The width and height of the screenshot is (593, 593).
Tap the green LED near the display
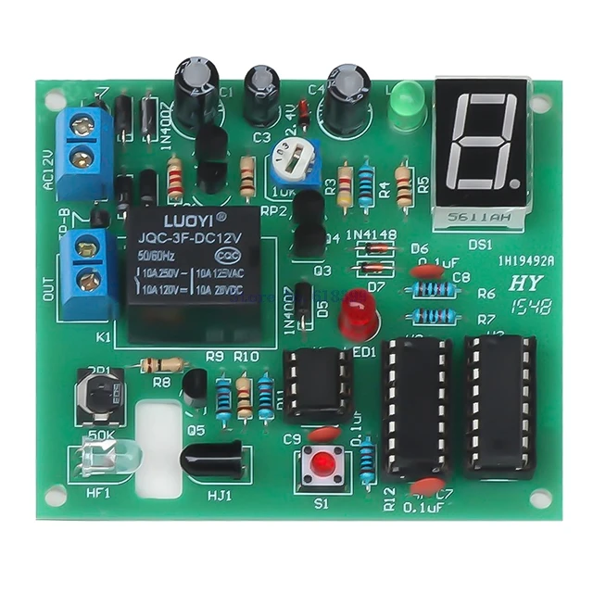(405, 105)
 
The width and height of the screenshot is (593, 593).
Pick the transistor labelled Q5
(196, 387)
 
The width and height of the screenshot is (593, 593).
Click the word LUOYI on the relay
(180, 220)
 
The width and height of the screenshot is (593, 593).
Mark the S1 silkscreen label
(321, 506)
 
